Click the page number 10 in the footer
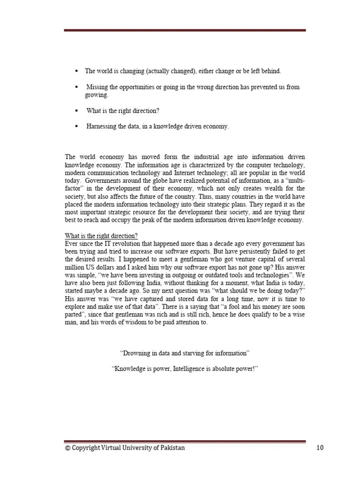[x=320, y=448]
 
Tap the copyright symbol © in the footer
[x=67, y=448]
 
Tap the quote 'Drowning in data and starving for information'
[x=185, y=352]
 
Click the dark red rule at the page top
[x=185, y=30]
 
